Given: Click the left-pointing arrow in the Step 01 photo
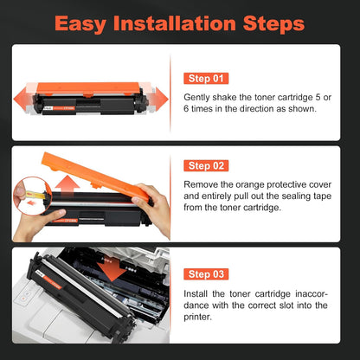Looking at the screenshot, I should (x=23, y=95).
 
